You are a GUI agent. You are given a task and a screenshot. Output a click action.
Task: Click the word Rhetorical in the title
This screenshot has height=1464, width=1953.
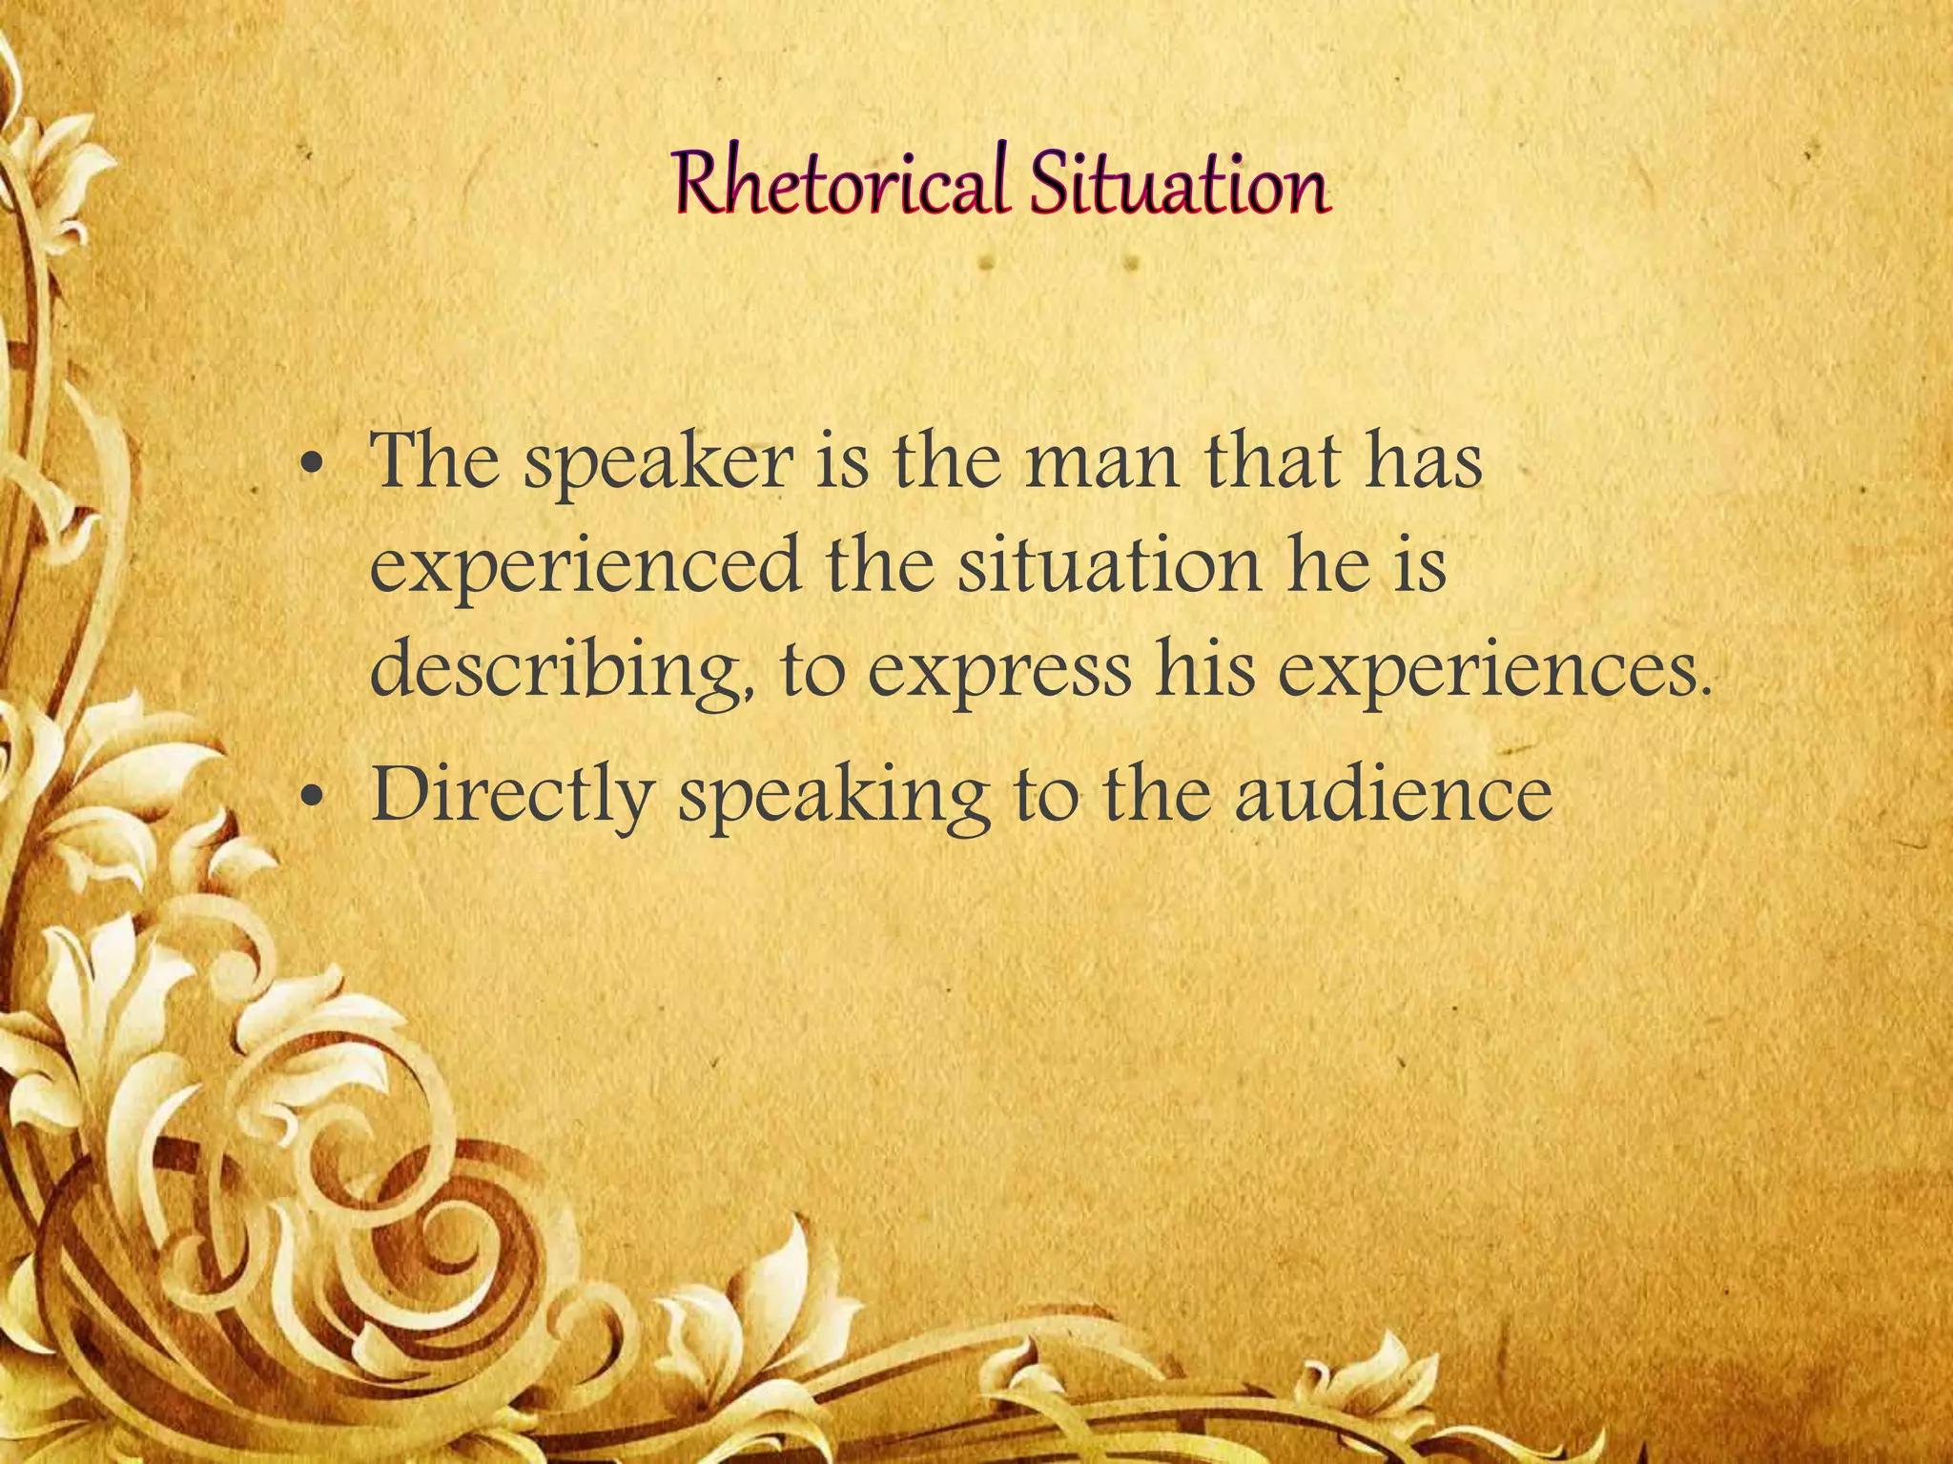[840, 185]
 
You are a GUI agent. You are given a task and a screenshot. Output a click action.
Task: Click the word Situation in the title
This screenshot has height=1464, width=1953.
[1179, 185]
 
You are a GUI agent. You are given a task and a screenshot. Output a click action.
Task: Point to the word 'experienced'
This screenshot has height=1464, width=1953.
[585, 568]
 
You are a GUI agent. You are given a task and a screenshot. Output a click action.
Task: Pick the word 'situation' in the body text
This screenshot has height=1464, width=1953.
[1109, 566]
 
